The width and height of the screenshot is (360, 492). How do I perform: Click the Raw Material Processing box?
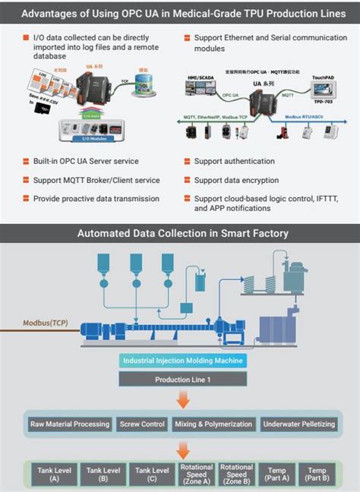pyautogui.click(x=70, y=424)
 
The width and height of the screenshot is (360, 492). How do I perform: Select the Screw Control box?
pyautogui.click(x=143, y=424)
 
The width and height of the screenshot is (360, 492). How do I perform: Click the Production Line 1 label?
pyautogui.click(x=182, y=379)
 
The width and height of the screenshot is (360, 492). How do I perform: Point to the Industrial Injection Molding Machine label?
pyautogui.click(x=182, y=361)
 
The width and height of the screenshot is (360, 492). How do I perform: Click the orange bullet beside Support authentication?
pyautogui.click(x=187, y=162)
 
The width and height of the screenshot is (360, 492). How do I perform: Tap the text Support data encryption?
pyautogui.click(x=236, y=180)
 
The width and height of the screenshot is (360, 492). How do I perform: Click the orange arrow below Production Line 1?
pyautogui.click(x=182, y=400)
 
